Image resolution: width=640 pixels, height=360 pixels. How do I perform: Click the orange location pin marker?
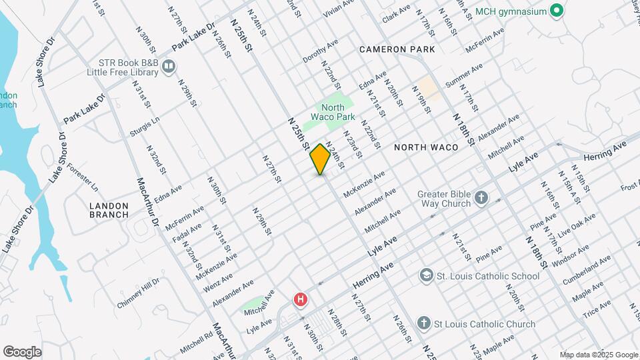[x=320, y=159]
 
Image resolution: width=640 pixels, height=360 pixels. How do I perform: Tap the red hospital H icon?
[x=301, y=300]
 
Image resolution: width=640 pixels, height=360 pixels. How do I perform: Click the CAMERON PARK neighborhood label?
[x=397, y=49]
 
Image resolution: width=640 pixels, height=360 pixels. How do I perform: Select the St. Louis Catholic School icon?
[x=426, y=275]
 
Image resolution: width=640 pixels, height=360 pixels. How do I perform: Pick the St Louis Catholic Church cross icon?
[x=423, y=324]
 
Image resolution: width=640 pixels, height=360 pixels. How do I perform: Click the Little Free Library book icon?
[x=169, y=65]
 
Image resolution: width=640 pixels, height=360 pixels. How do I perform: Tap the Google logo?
[x=22, y=351]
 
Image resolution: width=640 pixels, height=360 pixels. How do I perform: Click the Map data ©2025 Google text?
[x=598, y=355]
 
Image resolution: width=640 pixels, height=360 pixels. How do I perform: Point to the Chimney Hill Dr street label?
[x=139, y=293]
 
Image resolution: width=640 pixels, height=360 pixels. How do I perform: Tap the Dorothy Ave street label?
[x=320, y=51]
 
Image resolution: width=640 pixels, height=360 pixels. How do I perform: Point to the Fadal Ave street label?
[x=186, y=231]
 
